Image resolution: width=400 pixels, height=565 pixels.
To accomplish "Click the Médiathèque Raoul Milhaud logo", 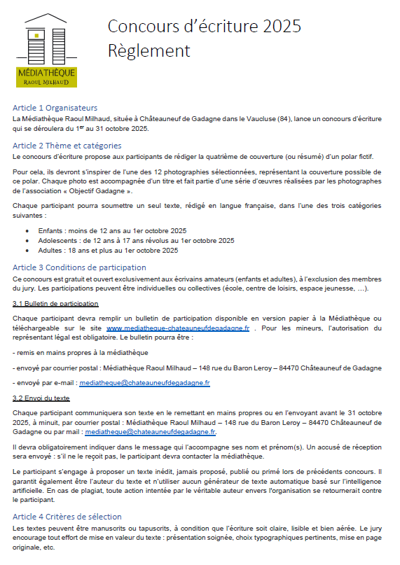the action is point(47,50).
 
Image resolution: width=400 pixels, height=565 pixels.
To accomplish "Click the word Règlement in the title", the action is point(149,51).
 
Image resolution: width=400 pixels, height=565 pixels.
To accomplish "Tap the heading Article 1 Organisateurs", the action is point(55,108).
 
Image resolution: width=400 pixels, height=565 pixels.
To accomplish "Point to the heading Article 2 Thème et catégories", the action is point(67,146).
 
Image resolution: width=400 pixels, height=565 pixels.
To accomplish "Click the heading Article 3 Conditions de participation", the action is point(80,267).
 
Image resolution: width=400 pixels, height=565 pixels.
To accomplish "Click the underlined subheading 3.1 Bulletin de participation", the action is point(55,303).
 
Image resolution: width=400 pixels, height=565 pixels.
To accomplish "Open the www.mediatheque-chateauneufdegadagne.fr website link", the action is point(178,328).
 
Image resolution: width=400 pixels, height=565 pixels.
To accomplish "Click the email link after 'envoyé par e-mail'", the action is point(144,383).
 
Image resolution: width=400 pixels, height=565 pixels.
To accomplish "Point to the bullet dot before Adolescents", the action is point(27,240).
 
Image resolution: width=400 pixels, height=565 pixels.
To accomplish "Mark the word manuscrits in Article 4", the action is point(91,529).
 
